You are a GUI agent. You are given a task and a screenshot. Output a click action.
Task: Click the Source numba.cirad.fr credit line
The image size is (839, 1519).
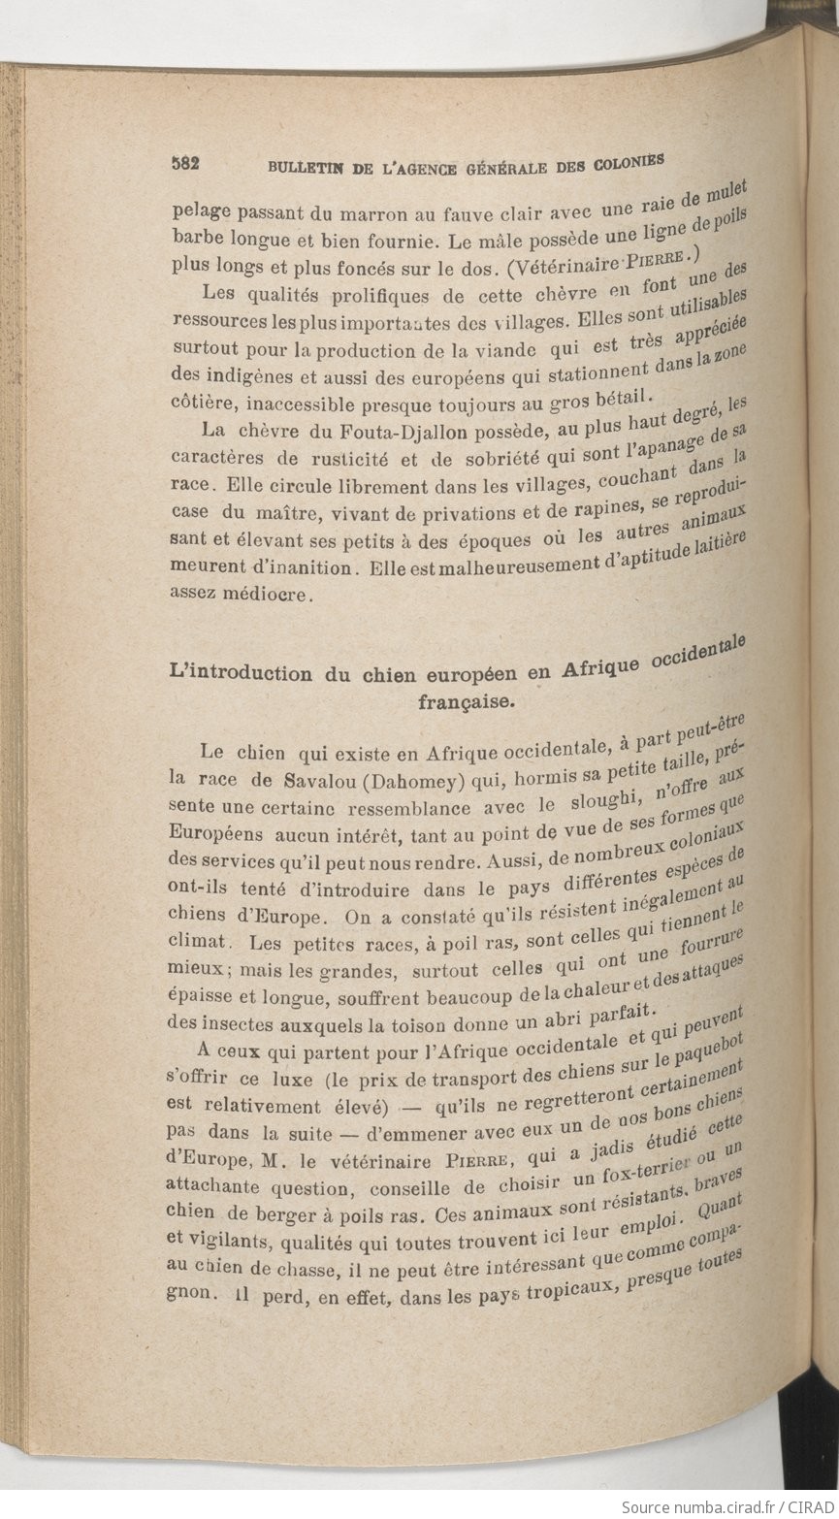(727, 1508)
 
